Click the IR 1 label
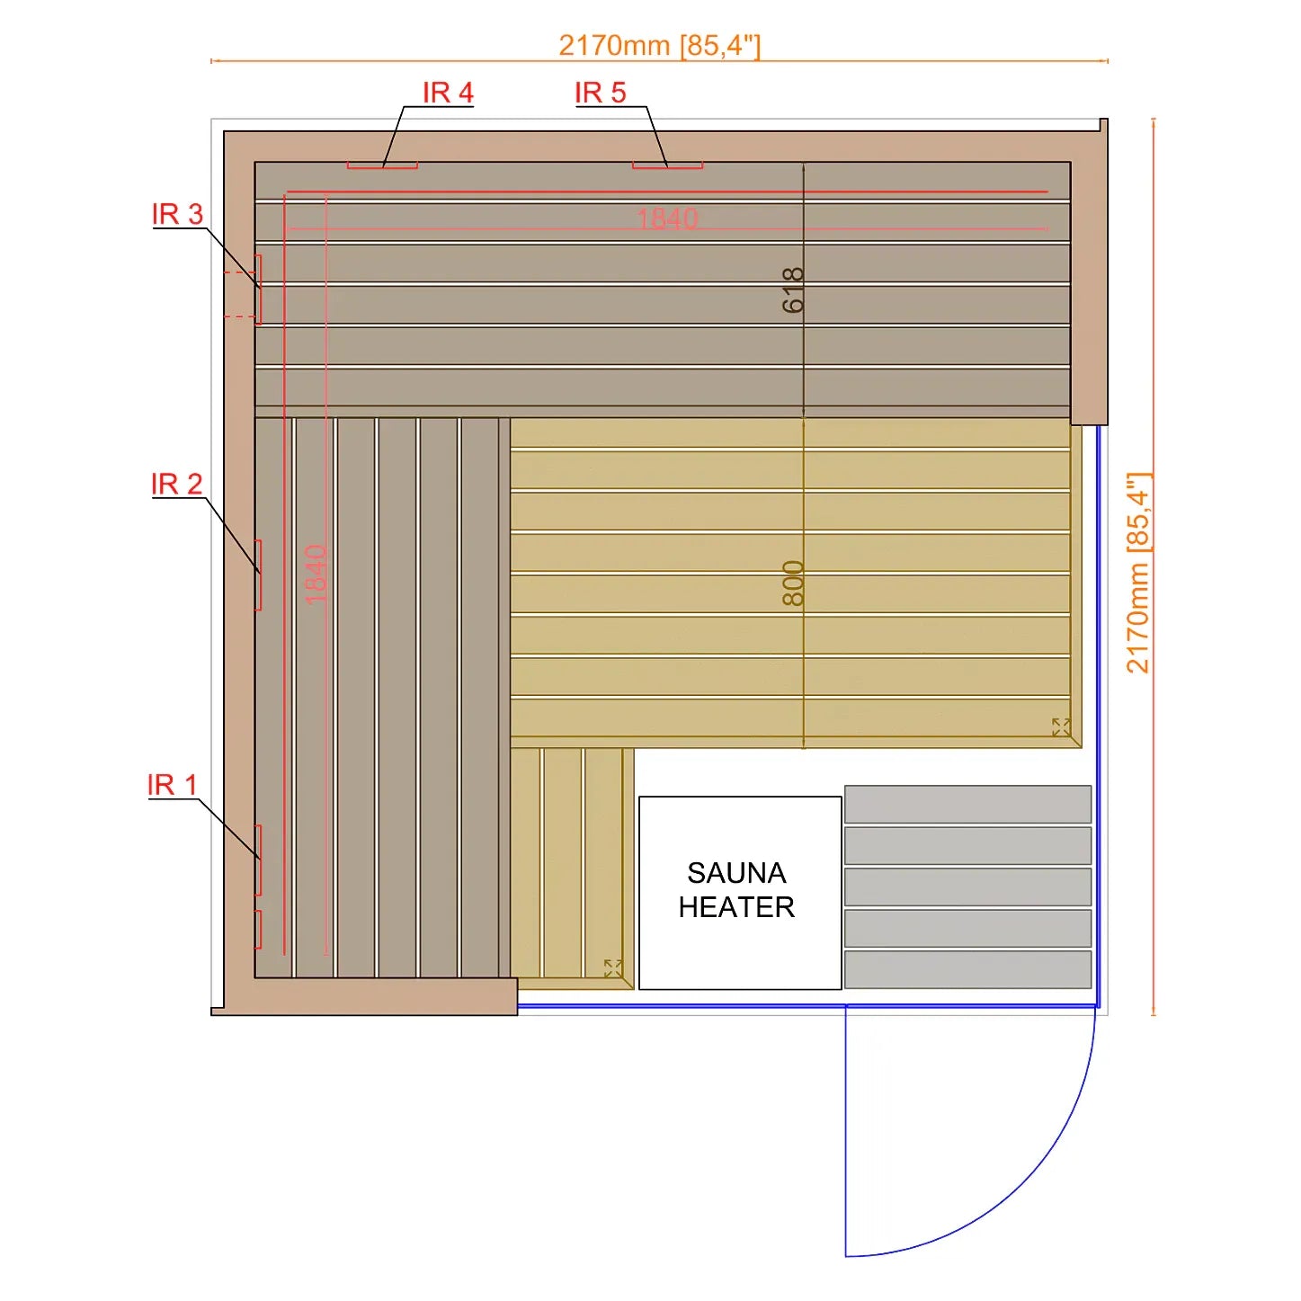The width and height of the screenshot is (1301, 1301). [172, 785]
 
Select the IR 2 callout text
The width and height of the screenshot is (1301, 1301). [176, 484]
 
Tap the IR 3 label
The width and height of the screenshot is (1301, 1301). [177, 214]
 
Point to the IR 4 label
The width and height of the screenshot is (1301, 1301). [449, 93]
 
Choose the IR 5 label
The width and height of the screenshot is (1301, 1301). [601, 93]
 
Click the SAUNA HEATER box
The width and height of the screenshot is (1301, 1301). [740, 893]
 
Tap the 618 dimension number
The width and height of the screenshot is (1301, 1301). [793, 290]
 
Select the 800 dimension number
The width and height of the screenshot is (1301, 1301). [793, 584]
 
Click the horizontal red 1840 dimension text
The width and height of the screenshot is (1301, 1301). [667, 218]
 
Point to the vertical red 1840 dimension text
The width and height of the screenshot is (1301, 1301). [316, 575]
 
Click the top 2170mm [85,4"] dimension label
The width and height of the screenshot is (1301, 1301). [660, 45]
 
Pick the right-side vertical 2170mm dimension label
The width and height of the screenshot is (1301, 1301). [1137, 573]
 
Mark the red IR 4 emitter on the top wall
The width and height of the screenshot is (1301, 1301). [382, 165]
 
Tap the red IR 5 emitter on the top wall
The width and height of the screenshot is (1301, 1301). [667, 165]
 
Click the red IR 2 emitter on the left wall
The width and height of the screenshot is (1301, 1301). [258, 575]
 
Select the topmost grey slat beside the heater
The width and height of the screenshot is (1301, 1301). [967, 804]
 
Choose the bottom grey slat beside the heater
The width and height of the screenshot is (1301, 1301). [967, 969]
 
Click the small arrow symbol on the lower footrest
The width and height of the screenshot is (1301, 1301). [613, 968]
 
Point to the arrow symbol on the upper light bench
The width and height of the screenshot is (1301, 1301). [1061, 727]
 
